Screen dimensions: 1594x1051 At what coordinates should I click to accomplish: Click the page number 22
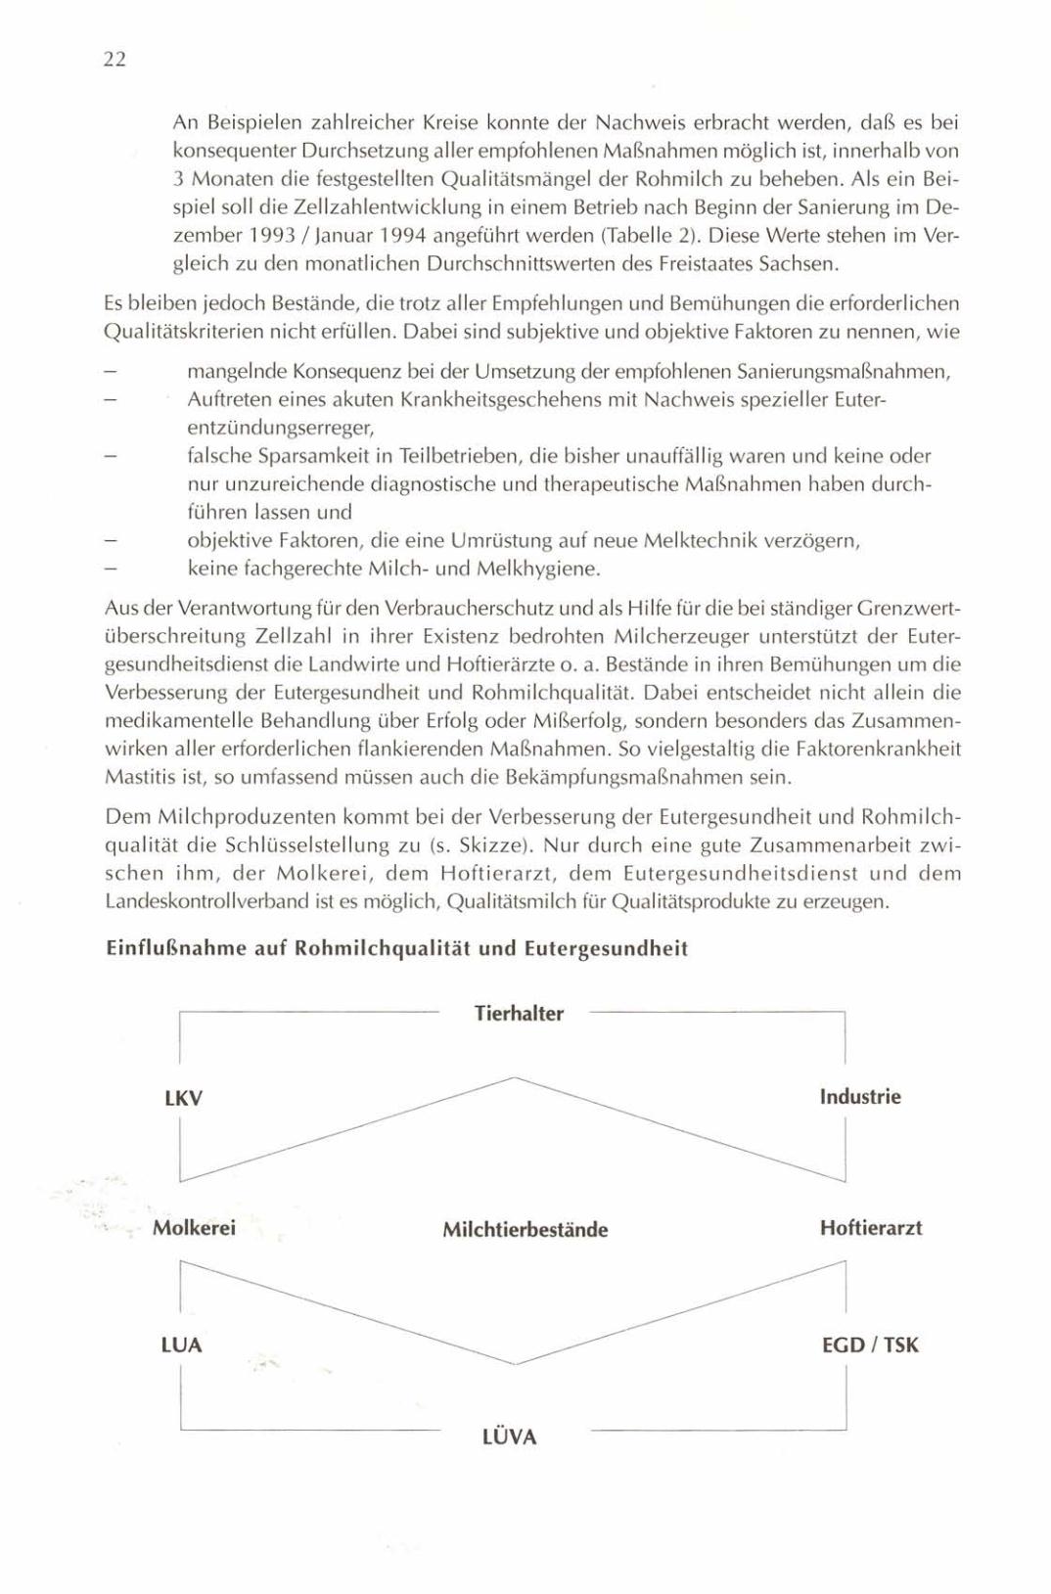point(114,60)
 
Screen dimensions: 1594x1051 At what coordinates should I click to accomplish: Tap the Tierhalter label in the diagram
point(519,1014)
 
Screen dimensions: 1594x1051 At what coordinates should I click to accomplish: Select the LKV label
point(183,1098)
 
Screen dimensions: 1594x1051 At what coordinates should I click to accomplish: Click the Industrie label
point(860,1097)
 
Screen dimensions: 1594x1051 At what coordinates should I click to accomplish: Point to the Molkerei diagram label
point(194,1228)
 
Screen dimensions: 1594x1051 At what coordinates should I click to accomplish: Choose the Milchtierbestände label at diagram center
point(525,1230)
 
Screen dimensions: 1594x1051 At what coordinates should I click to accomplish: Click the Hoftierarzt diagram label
point(871,1228)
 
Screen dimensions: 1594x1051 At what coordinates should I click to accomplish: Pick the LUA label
point(181,1345)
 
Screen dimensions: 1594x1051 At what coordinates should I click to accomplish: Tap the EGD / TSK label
point(870,1345)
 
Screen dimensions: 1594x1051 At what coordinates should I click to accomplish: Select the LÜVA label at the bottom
point(510,1437)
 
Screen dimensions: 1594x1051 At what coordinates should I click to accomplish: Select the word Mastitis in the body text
point(136,778)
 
